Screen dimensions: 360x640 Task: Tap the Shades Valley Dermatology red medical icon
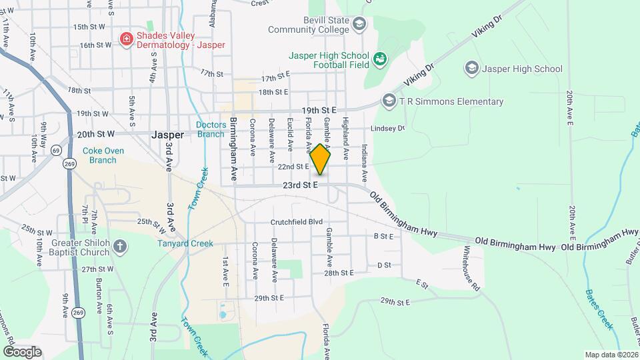[126, 39]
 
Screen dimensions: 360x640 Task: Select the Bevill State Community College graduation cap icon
[359, 25]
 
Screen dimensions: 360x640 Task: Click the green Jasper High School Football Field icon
[380, 60]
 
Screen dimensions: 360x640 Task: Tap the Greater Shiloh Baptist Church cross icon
[119, 247]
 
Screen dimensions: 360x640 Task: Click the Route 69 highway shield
[55, 151]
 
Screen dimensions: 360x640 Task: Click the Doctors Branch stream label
[211, 129]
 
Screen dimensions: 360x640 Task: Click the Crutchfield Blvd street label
[296, 222]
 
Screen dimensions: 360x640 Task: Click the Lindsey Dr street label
[388, 128]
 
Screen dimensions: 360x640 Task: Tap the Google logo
[22, 351]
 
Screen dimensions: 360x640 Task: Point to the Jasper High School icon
[472, 68]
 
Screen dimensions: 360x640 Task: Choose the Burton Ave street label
[99, 299]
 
